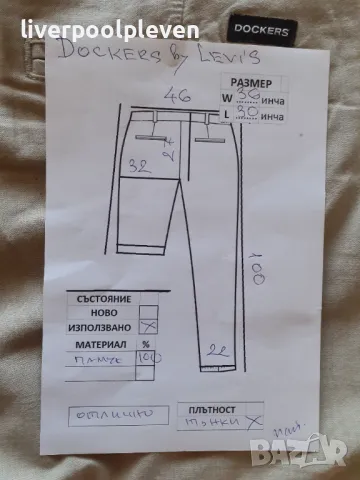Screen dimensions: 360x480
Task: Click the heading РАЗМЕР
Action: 250,84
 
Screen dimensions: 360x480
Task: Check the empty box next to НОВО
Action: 149,311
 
